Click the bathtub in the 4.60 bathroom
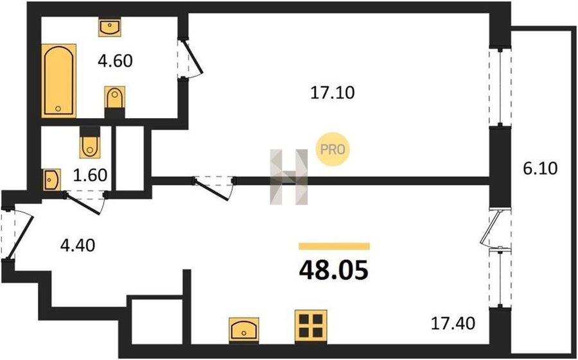(58, 81)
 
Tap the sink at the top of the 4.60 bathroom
(109, 28)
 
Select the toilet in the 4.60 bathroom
(114, 99)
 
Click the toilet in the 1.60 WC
(89, 146)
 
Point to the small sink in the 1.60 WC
(51, 180)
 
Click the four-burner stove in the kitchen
(311, 325)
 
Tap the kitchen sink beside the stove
(245, 330)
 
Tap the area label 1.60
(89, 174)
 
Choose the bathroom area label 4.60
(115, 62)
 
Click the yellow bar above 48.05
(335, 246)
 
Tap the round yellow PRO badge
(332, 150)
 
